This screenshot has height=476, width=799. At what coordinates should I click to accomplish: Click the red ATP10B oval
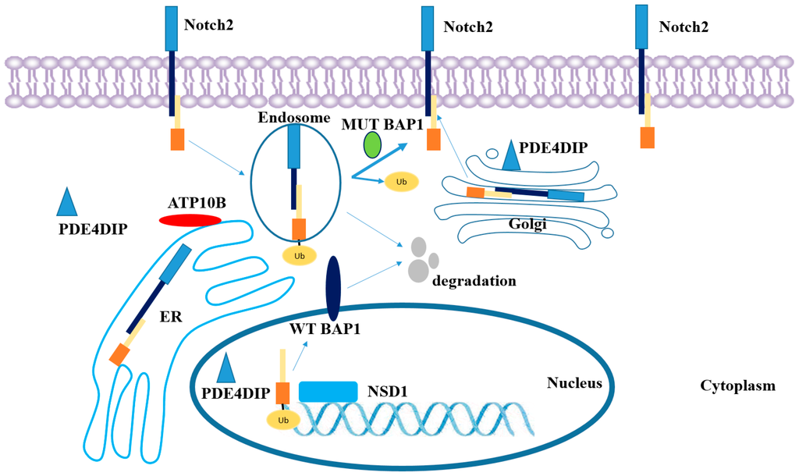click(x=190, y=221)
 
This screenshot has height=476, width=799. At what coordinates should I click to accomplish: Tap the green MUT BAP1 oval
click(x=372, y=145)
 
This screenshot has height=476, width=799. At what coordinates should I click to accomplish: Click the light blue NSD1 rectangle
click(x=328, y=392)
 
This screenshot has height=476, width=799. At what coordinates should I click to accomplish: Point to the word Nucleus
click(x=574, y=382)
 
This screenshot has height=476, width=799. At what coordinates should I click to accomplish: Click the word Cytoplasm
click(x=737, y=385)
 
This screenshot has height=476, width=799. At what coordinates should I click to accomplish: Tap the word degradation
click(x=474, y=280)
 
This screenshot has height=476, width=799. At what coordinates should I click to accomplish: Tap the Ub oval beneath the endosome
click(x=300, y=254)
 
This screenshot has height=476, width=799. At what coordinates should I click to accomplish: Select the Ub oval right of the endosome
click(x=402, y=182)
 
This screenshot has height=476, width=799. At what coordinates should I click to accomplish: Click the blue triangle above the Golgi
click(x=512, y=155)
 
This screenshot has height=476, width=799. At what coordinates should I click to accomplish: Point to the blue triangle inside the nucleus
click(x=225, y=367)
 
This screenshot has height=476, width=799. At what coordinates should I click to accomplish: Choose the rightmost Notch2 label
click(x=684, y=27)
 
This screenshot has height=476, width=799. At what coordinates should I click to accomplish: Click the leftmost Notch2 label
click(x=208, y=25)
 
